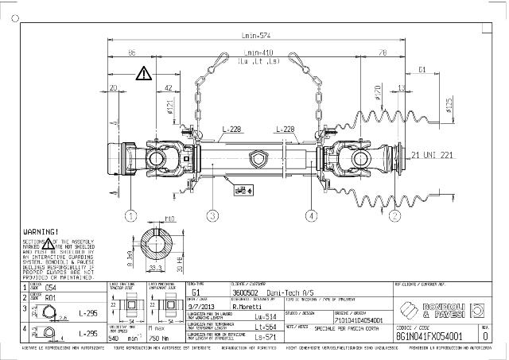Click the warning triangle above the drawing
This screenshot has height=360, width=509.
coord(143,74)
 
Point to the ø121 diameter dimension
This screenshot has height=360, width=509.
coord(170,106)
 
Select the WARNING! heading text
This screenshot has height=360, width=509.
coord(40,230)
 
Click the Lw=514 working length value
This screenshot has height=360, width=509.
coord(265,315)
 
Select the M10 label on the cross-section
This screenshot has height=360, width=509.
coord(169,218)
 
